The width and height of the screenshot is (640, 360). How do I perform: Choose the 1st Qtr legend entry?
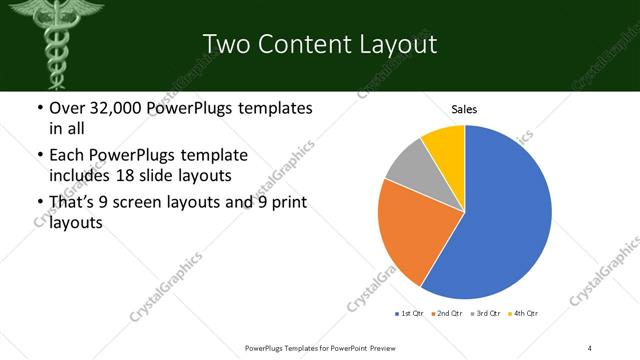tap(411, 314)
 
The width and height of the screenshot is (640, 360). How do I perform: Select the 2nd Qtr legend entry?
tap(449, 314)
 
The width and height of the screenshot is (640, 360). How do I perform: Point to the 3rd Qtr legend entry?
tap(487, 314)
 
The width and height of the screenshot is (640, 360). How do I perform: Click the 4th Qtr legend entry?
tap(525, 314)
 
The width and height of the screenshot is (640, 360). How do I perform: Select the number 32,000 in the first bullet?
tap(115, 107)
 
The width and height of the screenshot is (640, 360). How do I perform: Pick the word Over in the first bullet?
tap(68, 107)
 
